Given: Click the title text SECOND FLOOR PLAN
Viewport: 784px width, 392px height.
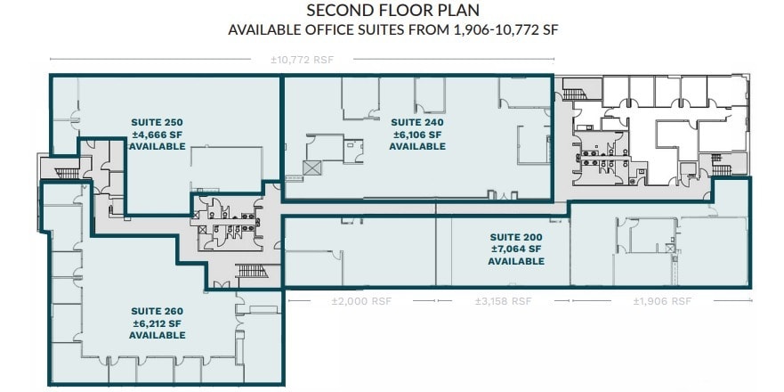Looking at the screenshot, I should pos(392,11).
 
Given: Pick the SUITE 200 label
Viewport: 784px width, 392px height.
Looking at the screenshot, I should pos(516,237).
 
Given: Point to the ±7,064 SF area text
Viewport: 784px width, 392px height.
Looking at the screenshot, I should pos(516,249).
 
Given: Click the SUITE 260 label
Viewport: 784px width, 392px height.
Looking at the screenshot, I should pos(157,310).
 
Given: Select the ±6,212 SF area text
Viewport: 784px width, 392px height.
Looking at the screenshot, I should pos(157,323).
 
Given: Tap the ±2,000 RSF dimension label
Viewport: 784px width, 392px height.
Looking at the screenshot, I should pos(358,301).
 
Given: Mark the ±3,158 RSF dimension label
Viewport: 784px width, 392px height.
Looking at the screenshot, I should pos(503,301).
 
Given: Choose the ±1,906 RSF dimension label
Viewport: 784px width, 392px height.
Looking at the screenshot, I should pos(662,301).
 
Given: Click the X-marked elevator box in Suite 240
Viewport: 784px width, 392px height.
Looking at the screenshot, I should pos(311,167).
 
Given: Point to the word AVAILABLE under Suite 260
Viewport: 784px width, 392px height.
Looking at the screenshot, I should pos(157,335).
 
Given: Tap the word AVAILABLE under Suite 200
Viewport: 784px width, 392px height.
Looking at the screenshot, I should pos(516,262).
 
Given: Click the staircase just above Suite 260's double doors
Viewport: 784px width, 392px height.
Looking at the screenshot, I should pos(250,271).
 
